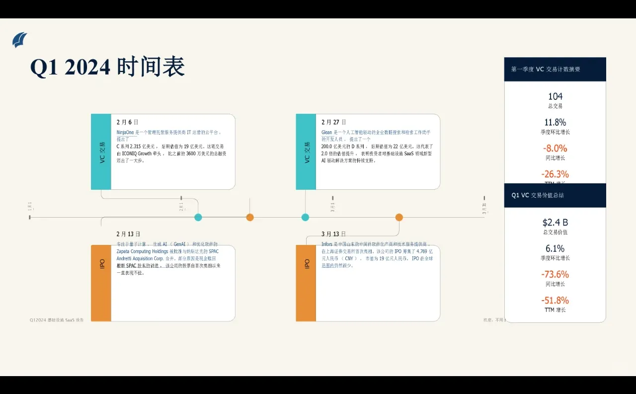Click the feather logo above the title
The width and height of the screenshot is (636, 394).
pos(20,40)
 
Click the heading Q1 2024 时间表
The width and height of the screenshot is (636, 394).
pos(107,67)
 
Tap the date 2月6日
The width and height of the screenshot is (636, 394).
pos(127,122)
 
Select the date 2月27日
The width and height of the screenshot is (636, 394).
pos(334,122)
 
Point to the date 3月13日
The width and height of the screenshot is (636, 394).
pos(333,234)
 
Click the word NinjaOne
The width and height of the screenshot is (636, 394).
pos(125,133)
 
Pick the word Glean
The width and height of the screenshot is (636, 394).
pos(326,133)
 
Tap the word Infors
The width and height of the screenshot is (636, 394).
pos(327,244)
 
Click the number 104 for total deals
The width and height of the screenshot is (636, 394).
pos(555,96)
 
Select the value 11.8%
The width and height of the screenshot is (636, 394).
pos(555,122)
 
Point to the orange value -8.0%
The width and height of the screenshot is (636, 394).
pos(555,148)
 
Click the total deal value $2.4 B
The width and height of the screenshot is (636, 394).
pos(555,222)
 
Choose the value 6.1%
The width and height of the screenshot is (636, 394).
pos(555,248)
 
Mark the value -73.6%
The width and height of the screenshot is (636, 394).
pos(555,274)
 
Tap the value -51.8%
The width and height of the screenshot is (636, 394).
pos(555,300)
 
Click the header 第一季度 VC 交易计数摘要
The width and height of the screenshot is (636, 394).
pos(546,70)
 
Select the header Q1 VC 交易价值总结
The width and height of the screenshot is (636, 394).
pos(538,195)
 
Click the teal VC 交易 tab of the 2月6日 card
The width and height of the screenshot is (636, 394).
pos(101,152)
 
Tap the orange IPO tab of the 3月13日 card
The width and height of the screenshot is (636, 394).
pos(306,283)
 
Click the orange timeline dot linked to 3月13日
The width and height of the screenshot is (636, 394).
pos(399,217)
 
